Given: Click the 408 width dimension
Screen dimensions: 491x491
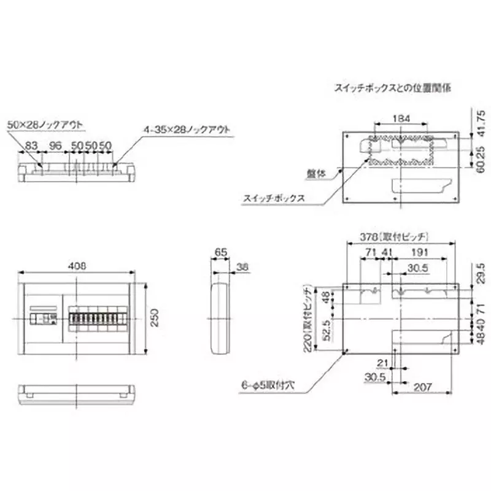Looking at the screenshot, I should point(76,265).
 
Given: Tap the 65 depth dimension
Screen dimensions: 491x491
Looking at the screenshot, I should point(220,252).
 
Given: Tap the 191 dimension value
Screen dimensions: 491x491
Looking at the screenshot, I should point(419,252).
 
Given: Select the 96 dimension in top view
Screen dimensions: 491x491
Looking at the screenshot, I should point(56,145).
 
